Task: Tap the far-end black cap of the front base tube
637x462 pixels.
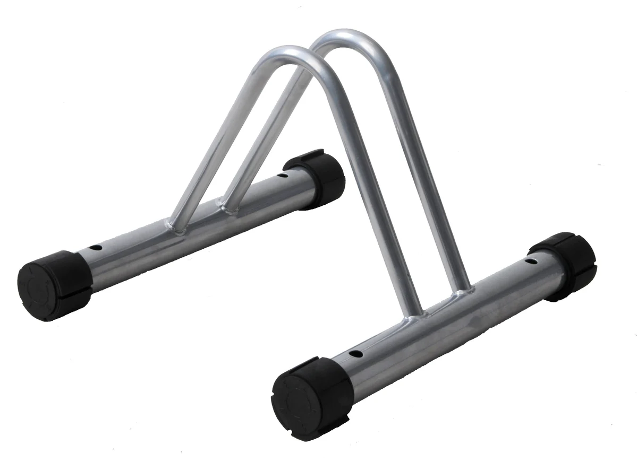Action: click(x=565, y=266)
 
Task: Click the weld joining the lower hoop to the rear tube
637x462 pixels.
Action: click(x=178, y=227)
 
